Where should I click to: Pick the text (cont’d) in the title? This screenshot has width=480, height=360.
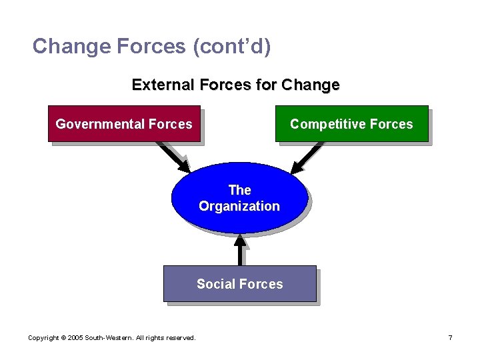click(x=232, y=46)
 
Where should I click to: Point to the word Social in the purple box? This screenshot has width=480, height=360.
click(x=214, y=284)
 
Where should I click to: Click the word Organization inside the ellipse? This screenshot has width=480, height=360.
click(x=239, y=206)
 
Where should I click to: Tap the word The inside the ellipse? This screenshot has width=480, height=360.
click(x=239, y=190)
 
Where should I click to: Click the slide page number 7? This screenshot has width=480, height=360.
click(x=451, y=338)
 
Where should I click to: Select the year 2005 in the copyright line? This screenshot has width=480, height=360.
click(x=75, y=338)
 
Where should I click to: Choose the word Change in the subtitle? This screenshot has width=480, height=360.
click(x=311, y=85)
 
